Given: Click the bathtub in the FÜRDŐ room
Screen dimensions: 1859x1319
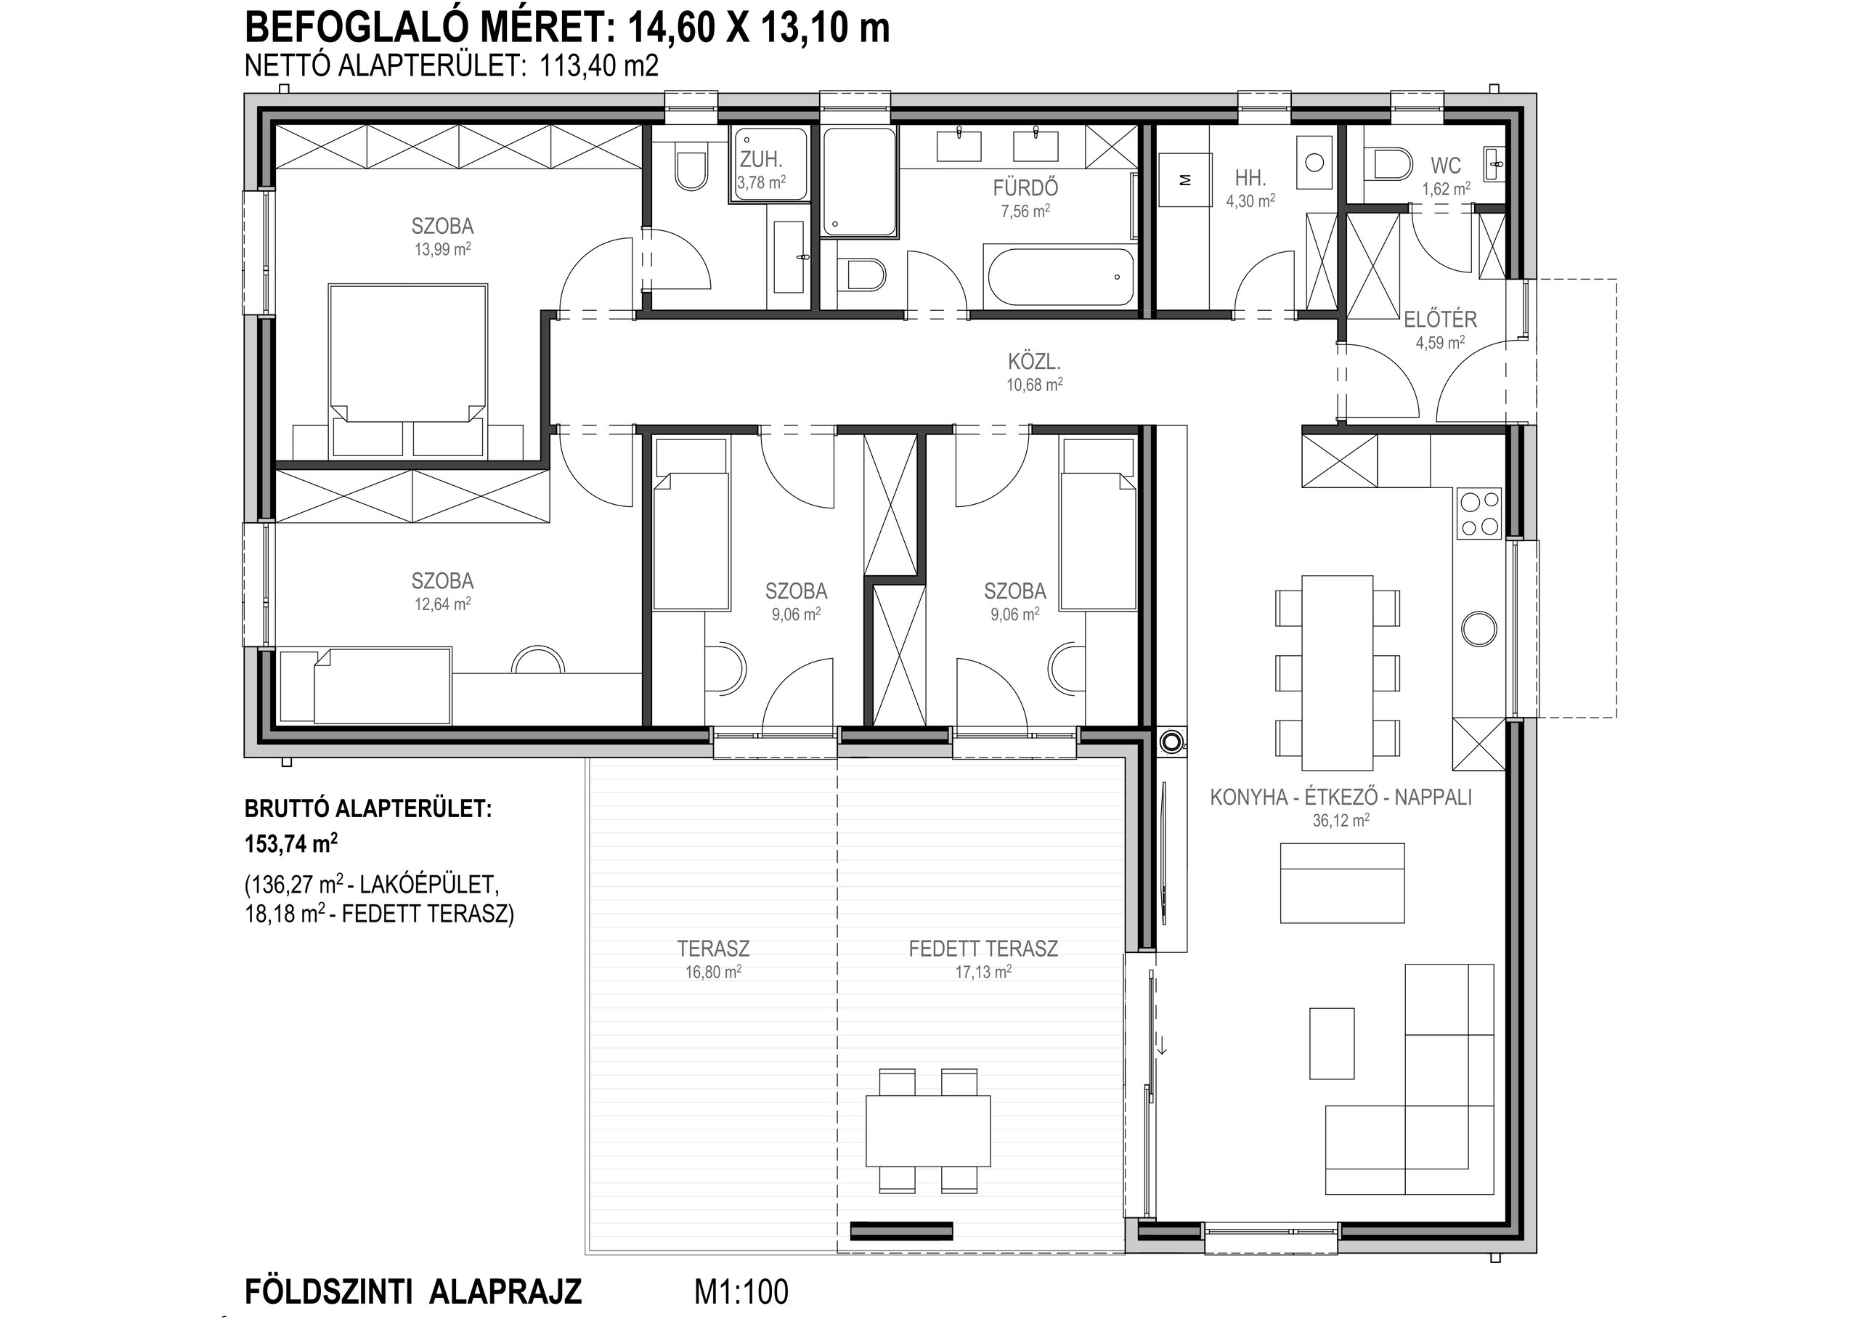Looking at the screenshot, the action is [x=1060, y=276].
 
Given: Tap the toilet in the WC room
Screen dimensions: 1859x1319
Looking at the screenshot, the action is [x=1389, y=163].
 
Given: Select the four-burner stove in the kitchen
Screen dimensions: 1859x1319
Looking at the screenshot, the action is [x=1480, y=514].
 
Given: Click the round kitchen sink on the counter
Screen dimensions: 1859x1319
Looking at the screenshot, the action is [x=1479, y=628].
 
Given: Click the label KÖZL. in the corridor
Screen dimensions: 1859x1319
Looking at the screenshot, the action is [x=1034, y=362].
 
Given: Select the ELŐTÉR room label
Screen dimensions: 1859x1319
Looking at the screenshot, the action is [x=1440, y=319].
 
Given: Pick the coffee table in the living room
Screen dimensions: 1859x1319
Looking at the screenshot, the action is [x=1331, y=1043].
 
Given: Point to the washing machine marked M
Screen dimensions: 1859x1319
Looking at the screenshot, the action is [x=1185, y=180].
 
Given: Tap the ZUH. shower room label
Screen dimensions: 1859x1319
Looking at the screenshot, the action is [x=760, y=161].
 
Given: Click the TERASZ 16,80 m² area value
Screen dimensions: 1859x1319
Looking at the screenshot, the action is [x=713, y=971].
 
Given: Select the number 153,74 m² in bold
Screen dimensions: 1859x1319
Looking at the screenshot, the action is [x=291, y=844].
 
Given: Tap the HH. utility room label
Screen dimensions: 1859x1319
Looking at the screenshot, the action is [x=1250, y=178].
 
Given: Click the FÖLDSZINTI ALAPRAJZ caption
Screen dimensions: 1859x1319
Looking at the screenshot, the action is [x=413, y=1291].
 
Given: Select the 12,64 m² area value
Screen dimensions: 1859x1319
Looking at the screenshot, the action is [x=442, y=604].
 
